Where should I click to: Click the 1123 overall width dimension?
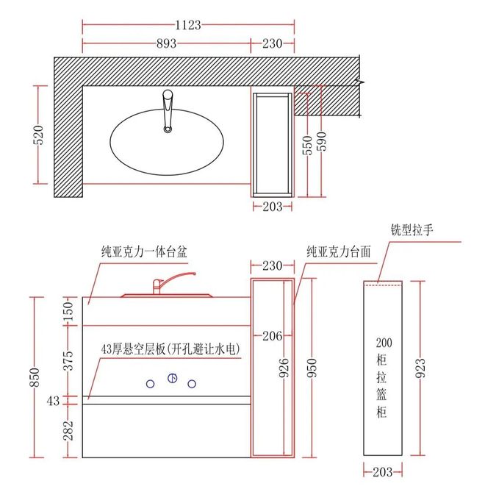pos(188,25)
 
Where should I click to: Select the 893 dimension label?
pos(167,43)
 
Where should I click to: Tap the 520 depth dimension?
pos(39,135)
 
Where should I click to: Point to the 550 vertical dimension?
pos(307,145)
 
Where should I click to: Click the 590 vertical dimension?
pos(321,141)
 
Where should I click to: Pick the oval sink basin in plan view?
pos(167,142)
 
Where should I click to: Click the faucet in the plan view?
pos(168,111)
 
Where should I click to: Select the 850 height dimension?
pos(35,377)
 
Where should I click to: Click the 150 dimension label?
pos(68,311)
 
